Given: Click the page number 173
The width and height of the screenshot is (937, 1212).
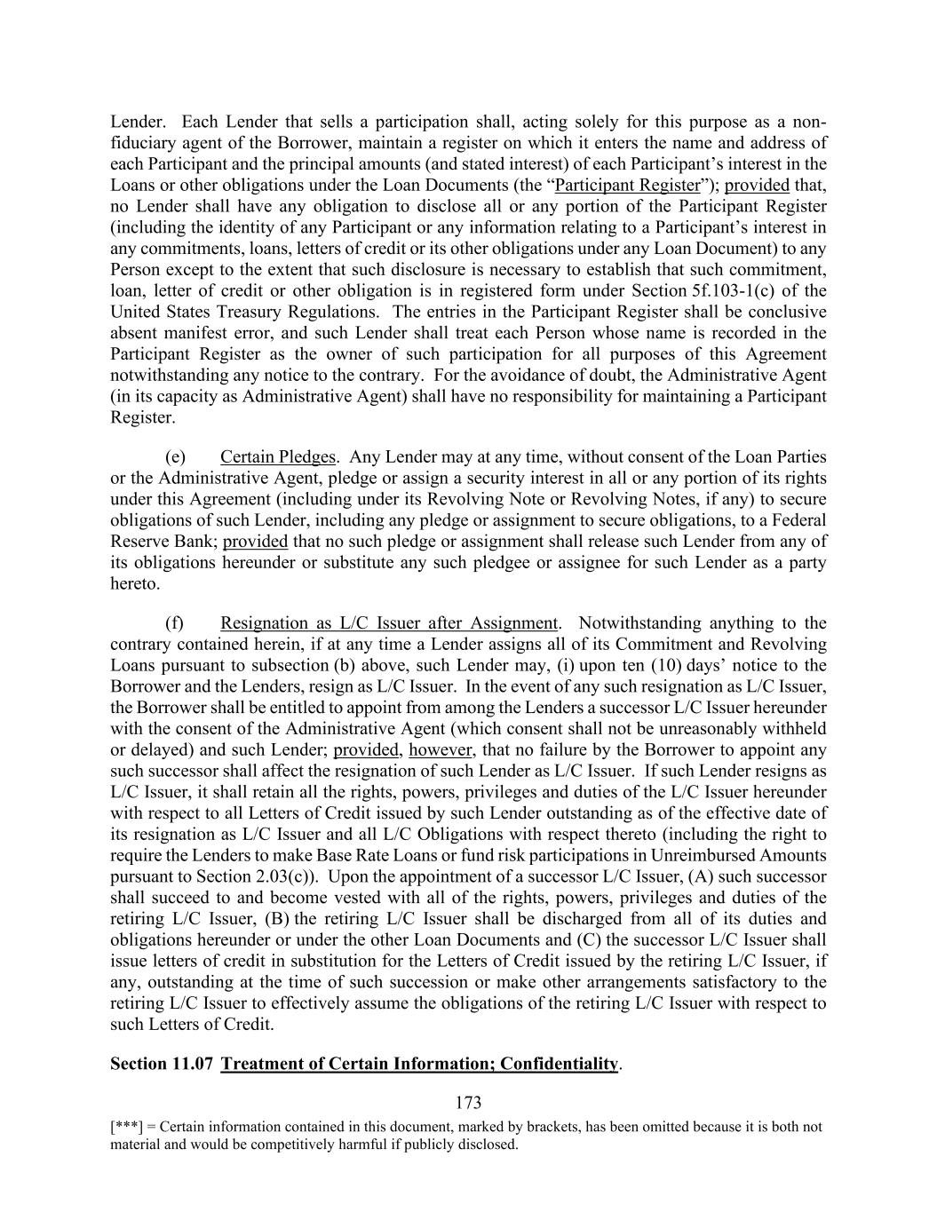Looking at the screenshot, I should [x=468, y=1103].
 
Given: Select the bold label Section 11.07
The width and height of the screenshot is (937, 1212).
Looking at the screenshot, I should [x=162, y=1064].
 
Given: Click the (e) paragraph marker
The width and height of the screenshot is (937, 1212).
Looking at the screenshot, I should [x=175, y=457].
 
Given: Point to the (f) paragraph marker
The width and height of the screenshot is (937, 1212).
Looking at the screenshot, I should [x=175, y=622].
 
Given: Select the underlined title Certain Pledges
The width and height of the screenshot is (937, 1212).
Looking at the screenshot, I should [x=278, y=457].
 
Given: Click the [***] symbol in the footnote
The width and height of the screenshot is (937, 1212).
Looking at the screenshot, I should [x=125, y=1127].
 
